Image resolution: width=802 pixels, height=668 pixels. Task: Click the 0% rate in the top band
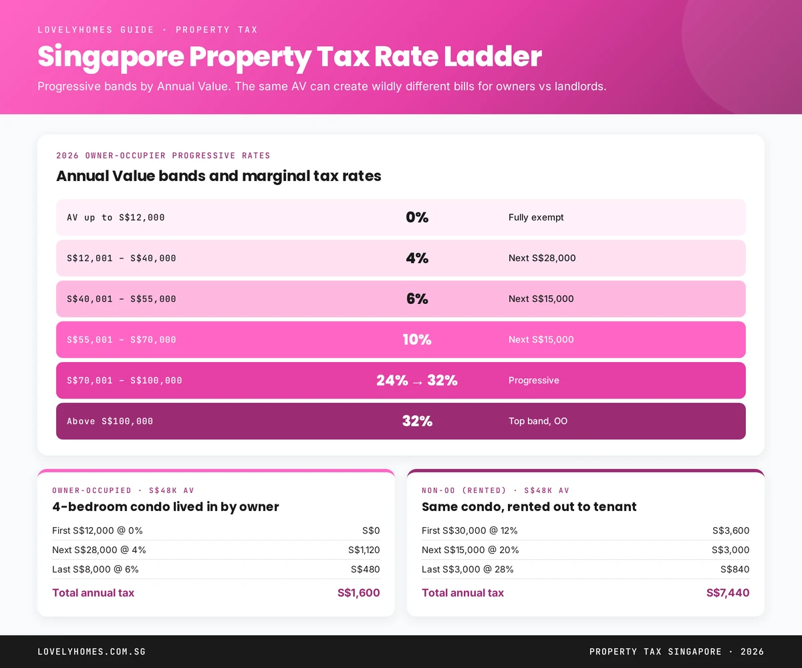coord(417,217)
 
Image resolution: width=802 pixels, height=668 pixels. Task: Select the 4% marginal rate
coord(417,258)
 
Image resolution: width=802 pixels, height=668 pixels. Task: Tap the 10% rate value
coord(417,339)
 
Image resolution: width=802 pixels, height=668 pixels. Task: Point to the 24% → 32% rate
coord(417,380)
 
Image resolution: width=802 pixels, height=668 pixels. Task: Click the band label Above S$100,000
coord(110,421)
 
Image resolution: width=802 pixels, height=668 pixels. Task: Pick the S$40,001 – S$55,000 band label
coord(122,299)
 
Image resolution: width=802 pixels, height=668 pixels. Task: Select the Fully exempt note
coord(536,217)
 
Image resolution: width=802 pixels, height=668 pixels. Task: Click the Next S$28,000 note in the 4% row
coord(542,258)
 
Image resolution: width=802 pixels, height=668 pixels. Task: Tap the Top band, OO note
coord(538,421)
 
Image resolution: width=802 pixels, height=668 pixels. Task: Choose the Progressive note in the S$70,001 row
coord(534,380)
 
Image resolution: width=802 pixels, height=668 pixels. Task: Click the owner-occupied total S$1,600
coord(359,593)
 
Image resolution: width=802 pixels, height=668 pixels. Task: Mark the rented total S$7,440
coord(728,593)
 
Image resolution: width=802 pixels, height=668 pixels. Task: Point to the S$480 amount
coord(366,569)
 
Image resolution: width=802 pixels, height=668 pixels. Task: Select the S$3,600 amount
coord(730,530)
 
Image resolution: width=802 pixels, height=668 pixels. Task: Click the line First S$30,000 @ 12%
coord(470,530)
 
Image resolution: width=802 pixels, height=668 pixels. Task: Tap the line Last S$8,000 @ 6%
coord(96,569)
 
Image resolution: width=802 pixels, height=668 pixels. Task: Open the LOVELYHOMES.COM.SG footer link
coord(92,651)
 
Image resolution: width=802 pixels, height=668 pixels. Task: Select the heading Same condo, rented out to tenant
coord(529,506)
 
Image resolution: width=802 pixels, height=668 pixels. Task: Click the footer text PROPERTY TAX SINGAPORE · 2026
coord(676,651)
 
